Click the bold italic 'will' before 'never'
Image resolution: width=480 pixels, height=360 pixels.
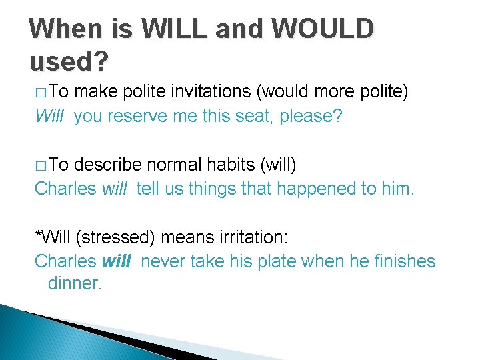117,261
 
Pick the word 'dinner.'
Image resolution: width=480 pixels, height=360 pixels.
75,283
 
